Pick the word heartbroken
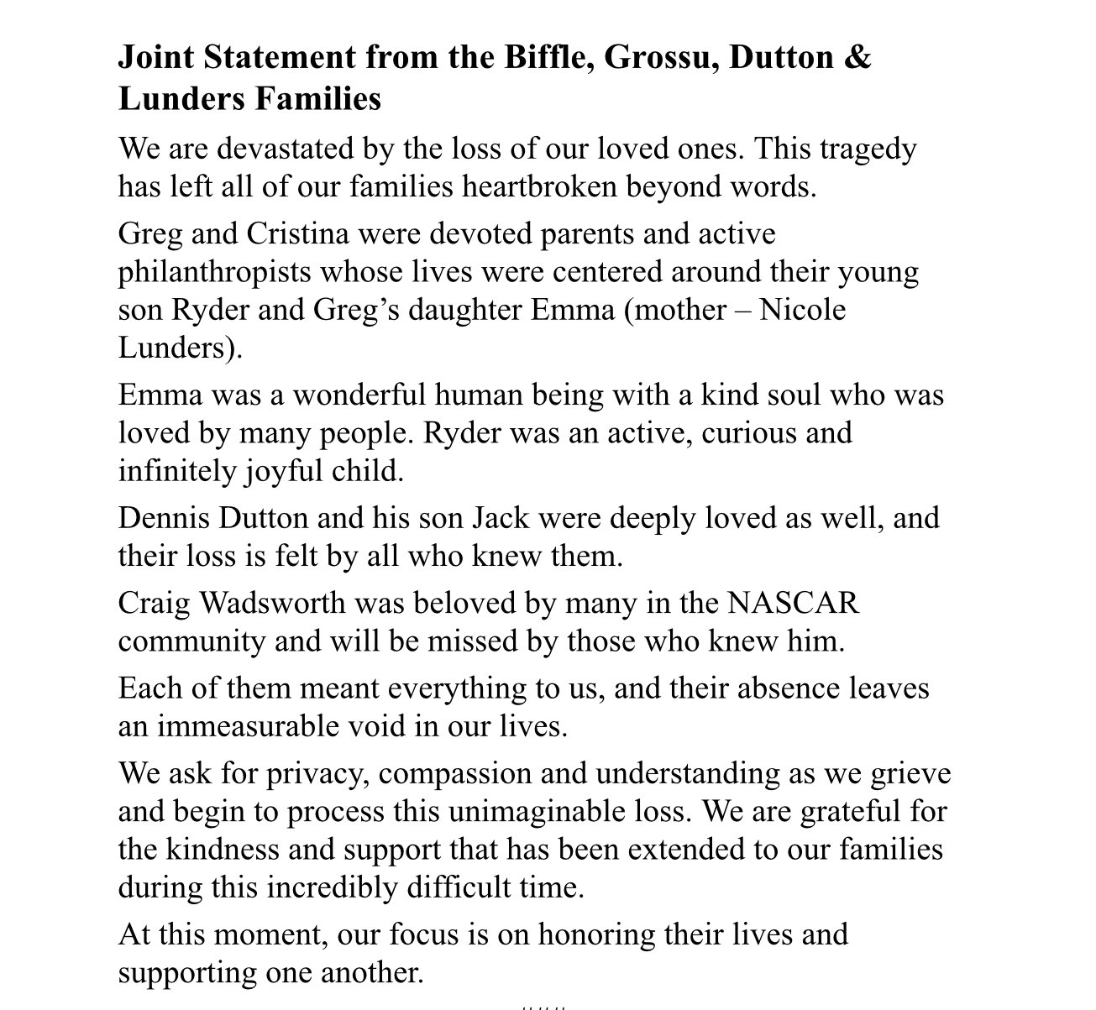[x=540, y=186]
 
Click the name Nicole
[x=802, y=310]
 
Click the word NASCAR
[x=793, y=603]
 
